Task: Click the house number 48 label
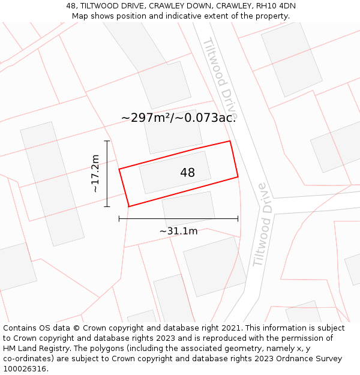[187, 173]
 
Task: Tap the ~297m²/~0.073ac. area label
[178, 118]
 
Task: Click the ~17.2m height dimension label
[95, 173]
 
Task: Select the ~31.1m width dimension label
[178, 231]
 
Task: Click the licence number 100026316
[24, 368]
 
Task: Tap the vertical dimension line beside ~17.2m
[107, 173]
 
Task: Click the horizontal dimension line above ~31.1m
[178, 219]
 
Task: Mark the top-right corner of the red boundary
[230, 142]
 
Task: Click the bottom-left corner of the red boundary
[128, 206]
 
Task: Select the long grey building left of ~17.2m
[52, 184]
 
